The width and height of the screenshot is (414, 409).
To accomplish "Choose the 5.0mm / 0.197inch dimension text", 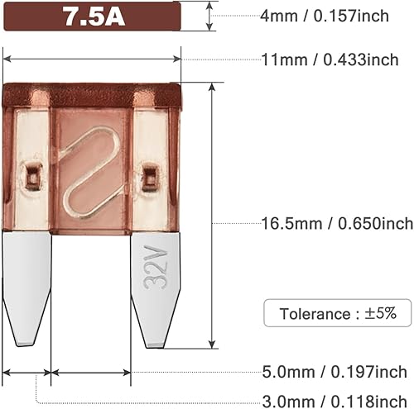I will tap(335, 372).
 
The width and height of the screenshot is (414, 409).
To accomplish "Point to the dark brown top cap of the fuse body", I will tap(93, 95).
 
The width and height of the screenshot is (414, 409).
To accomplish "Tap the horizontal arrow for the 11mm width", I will tap(93, 58).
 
